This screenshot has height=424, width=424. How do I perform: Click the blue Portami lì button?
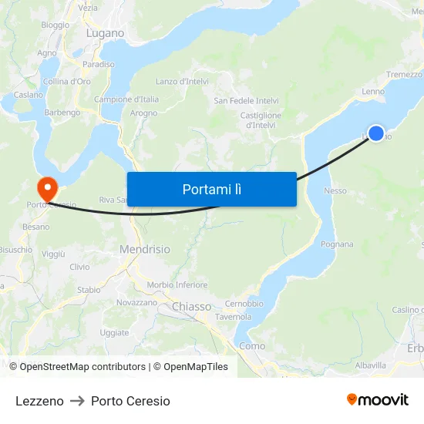(x=211, y=189)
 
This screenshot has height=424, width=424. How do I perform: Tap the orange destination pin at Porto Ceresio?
(x=46, y=187)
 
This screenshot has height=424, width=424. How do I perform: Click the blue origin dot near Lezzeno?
(x=376, y=133)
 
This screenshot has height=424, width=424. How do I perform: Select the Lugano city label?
(x=105, y=33)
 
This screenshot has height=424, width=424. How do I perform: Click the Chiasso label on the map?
(x=191, y=307)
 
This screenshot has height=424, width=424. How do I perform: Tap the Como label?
(x=252, y=346)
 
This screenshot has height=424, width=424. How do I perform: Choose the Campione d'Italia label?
(x=126, y=99)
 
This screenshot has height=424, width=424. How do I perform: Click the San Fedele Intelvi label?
(x=246, y=101)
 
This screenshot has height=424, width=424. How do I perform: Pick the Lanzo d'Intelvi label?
(x=183, y=81)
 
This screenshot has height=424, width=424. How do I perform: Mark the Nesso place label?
(x=335, y=190)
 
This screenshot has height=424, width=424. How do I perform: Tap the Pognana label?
(x=337, y=244)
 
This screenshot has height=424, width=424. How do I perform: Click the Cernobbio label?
(x=244, y=304)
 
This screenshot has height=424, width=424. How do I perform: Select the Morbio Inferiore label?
(x=177, y=284)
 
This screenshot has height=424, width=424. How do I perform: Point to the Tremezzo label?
(x=404, y=75)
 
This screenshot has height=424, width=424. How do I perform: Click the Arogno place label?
(x=143, y=113)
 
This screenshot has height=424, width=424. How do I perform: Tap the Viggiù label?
(x=54, y=254)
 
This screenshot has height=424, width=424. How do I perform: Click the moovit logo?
(x=378, y=400)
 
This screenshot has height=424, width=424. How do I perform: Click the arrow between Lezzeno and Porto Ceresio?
(x=77, y=401)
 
